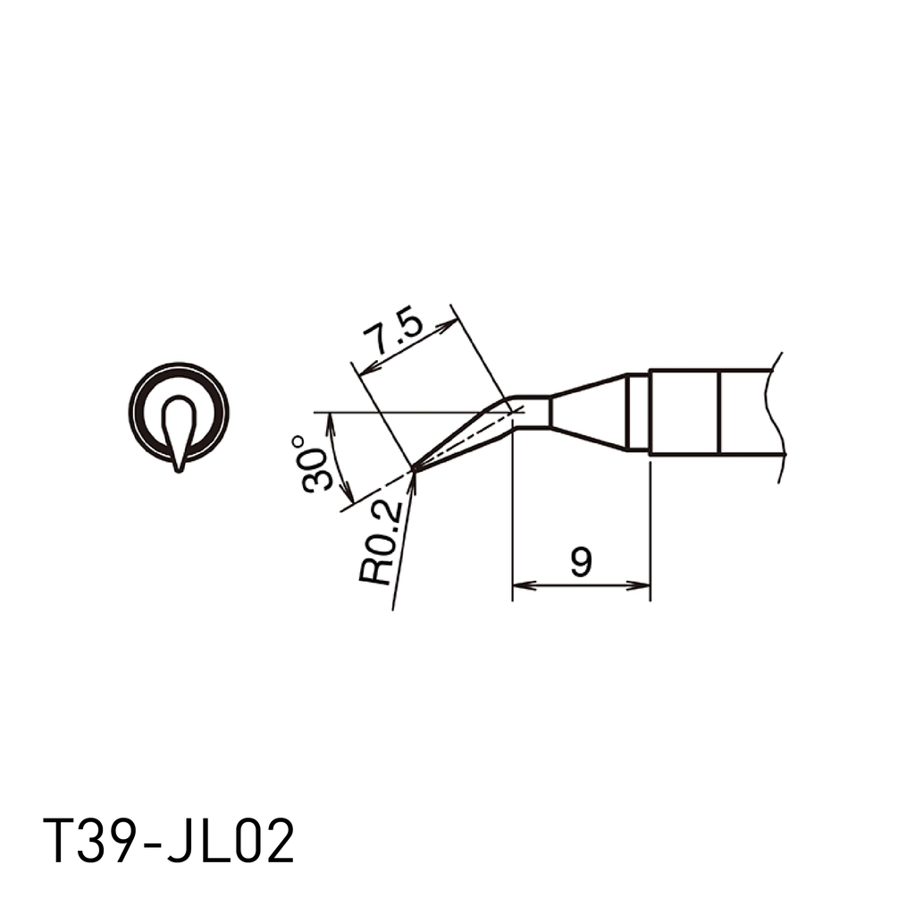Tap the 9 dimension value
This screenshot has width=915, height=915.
(581, 563)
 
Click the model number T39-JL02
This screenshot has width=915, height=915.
(169, 842)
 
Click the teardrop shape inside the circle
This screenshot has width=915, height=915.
(179, 427)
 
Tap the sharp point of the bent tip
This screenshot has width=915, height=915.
(415, 467)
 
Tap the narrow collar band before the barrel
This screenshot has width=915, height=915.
(637, 412)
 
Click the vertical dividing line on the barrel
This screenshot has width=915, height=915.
(718, 412)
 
